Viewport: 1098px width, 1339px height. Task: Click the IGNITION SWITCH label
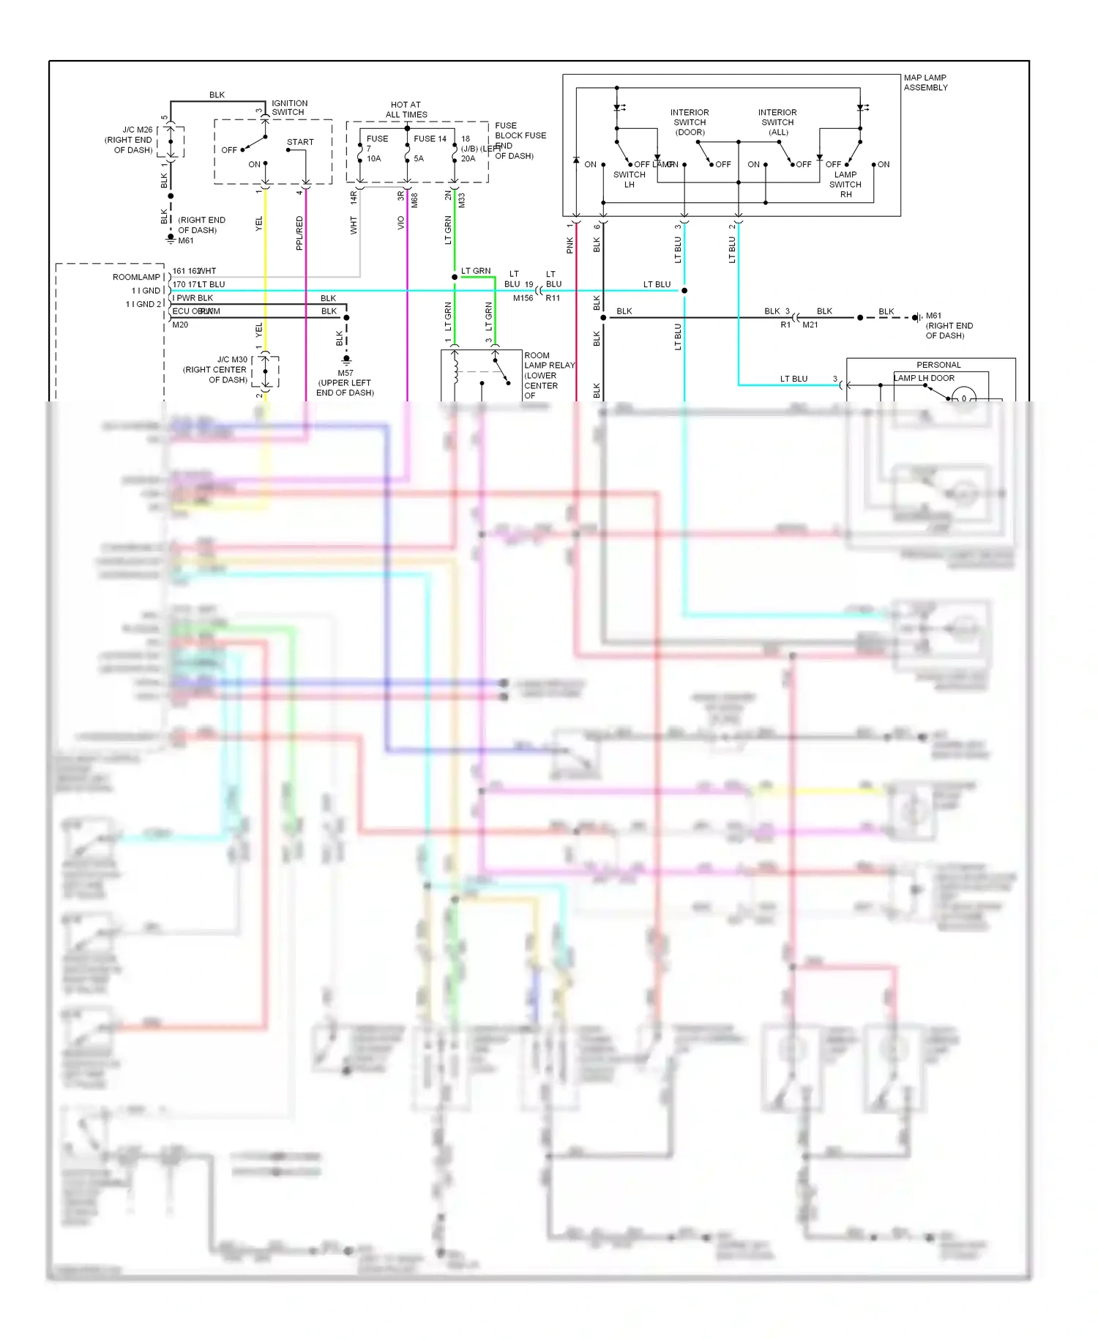click(x=289, y=108)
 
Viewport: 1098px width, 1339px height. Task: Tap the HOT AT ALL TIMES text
click(x=406, y=110)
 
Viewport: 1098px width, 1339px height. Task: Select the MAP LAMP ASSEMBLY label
click(x=925, y=83)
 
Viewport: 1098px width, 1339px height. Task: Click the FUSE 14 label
click(x=430, y=138)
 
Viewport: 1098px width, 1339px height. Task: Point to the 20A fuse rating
click(x=468, y=158)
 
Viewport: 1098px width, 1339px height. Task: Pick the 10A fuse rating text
click(x=374, y=158)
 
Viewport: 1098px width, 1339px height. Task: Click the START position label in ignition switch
click(x=300, y=142)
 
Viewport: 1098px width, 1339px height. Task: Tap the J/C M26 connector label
click(x=137, y=130)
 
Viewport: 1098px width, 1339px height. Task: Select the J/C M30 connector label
click(x=232, y=360)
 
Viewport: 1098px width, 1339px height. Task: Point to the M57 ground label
click(x=346, y=373)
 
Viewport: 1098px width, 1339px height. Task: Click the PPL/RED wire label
click(x=299, y=233)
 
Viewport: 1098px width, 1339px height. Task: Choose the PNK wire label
click(x=570, y=245)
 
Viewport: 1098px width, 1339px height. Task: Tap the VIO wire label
click(x=401, y=223)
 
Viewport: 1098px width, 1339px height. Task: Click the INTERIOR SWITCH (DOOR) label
click(x=690, y=122)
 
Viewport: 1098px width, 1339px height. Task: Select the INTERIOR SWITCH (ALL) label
click(x=777, y=122)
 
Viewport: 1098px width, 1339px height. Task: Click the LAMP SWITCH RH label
click(x=845, y=185)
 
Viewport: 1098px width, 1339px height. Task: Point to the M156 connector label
click(x=523, y=298)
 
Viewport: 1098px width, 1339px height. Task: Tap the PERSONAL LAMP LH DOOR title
click(x=938, y=365)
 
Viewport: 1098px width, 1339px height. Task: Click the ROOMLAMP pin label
click(x=136, y=277)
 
